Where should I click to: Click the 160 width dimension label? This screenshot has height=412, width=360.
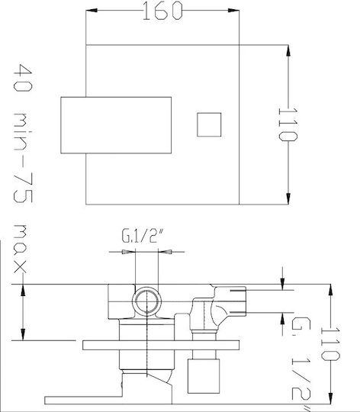click(162, 11)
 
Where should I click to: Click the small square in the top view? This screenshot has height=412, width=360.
click(209, 125)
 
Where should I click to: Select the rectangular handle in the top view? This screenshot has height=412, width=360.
click(116, 125)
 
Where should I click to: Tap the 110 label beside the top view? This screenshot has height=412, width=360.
click(288, 124)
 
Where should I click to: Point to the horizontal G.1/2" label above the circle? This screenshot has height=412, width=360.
click(143, 236)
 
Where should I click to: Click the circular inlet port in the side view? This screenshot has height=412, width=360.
click(146, 301)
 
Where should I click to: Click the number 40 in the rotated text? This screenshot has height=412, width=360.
click(23, 78)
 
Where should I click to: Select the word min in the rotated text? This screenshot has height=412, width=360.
click(23, 132)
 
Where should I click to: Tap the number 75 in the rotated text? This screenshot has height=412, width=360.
click(23, 188)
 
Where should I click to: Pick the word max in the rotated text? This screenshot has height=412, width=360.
click(21, 249)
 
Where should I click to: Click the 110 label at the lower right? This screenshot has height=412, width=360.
click(330, 344)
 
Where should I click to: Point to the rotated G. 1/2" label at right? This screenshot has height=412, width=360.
click(301, 364)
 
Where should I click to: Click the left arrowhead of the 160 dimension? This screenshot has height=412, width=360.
click(92, 10)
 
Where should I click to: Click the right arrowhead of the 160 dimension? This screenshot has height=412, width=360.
click(233, 10)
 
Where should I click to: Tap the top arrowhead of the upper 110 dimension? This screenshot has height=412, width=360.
click(288, 50)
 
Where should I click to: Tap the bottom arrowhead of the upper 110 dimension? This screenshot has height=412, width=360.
click(288, 198)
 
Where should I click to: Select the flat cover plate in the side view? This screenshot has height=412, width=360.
click(161, 345)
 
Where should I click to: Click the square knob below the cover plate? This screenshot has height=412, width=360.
click(204, 376)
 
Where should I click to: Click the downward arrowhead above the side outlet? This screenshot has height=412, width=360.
click(282, 284)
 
